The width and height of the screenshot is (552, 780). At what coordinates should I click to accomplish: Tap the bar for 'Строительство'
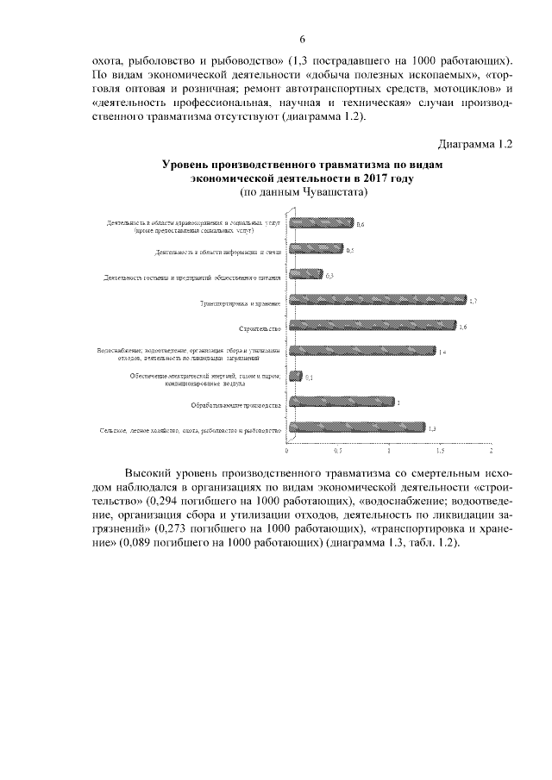(x=373, y=326)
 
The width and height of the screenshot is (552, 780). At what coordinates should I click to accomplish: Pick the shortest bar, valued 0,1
(x=296, y=376)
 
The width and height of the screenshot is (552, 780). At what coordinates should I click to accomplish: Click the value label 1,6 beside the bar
(x=462, y=326)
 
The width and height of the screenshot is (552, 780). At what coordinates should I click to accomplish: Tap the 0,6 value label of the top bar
(x=361, y=224)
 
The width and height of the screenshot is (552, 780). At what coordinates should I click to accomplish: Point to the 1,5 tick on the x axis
(x=440, y=450)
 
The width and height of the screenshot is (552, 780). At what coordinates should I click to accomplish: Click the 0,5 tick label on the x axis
(x=338, y=450)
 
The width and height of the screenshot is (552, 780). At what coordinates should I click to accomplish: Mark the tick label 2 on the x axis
(x=491, y=450)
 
